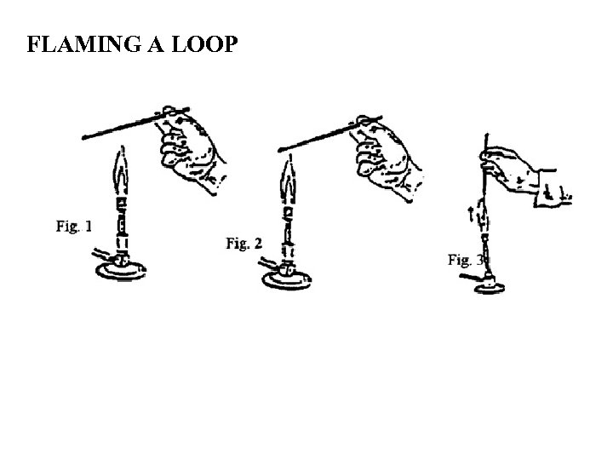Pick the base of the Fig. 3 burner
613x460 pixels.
tap(489, 288)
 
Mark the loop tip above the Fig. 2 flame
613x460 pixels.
tap(284, 151)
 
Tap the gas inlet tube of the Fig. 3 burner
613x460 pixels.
tap(465, 277)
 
